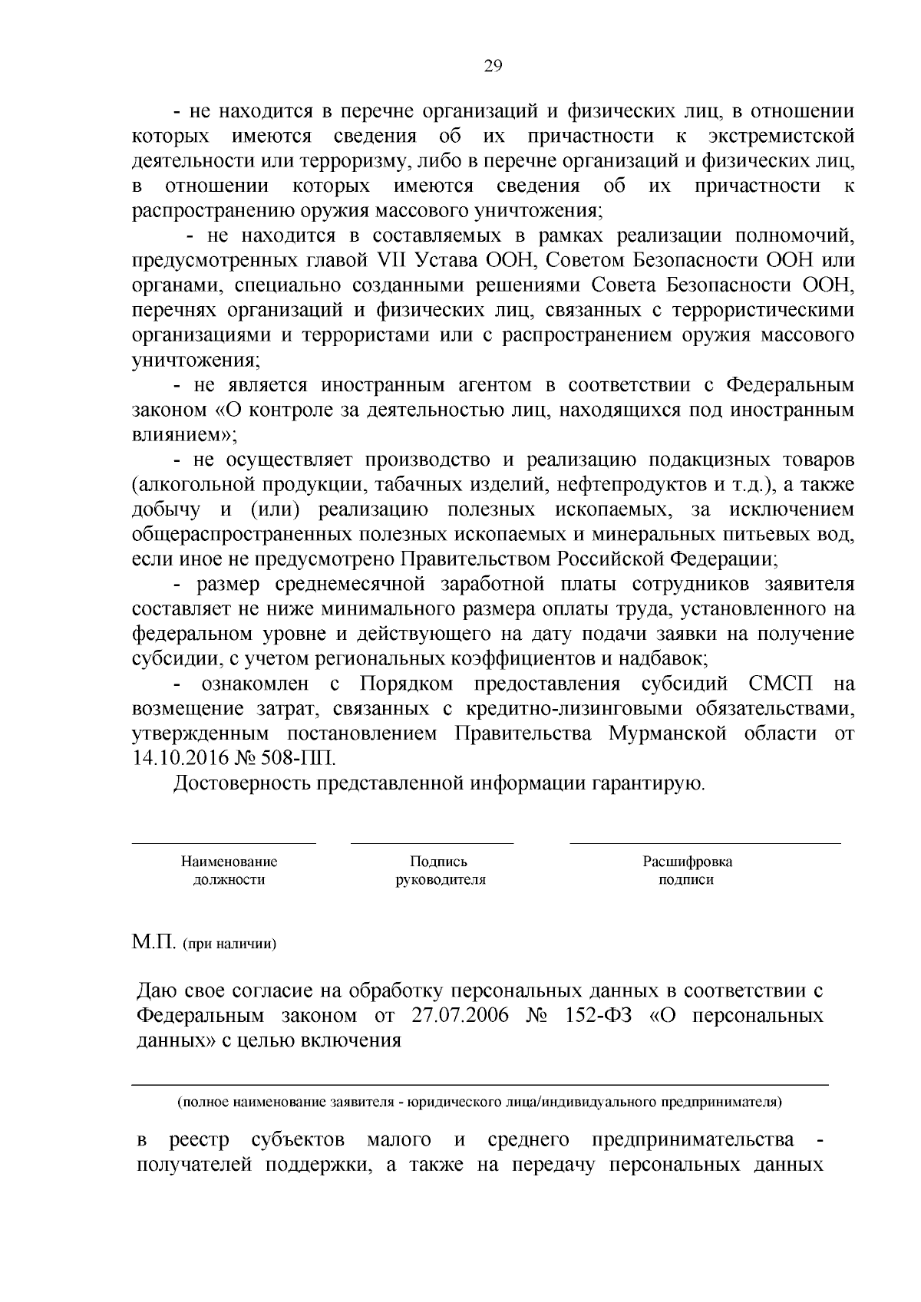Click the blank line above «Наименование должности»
[x=223, y=842]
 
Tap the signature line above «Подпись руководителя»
[x=431, y=842]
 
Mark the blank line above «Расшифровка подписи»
[x=705, y=842]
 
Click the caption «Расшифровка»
[x=687, y=862]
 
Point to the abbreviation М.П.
[x=154, y=941]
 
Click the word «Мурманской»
[x=667, y=733]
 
